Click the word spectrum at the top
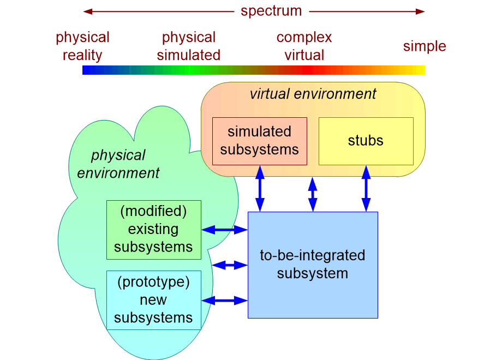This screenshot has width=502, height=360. click(x=271, y=11)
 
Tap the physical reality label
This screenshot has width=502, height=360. click(x=82, y=46)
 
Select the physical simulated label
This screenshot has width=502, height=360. click(x=189, y=46)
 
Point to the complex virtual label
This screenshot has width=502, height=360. click(x=304, y=46)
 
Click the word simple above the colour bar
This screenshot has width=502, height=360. click(x=425, y=46)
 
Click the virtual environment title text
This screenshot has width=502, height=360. click(x=313, y=94)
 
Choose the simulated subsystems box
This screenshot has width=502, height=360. click(x=259, y=141)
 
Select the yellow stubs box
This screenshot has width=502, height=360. click(x=366, y=141)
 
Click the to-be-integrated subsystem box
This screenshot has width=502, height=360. click(x=313, y=265)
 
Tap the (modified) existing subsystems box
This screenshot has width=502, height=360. click(x=153, y=229)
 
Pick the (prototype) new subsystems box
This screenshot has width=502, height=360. click(x=153, y=300)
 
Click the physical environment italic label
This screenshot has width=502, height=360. click(x=118, y=164)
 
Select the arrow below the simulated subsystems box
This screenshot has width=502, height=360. click(x=260, y=188)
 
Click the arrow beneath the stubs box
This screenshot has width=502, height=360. click(x=366, y=188)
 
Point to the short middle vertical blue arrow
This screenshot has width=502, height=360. click(x=313, y=194)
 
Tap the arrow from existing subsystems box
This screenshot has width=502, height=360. click(x=225, y=230)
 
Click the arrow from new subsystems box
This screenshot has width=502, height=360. click(x=225, y=300)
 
